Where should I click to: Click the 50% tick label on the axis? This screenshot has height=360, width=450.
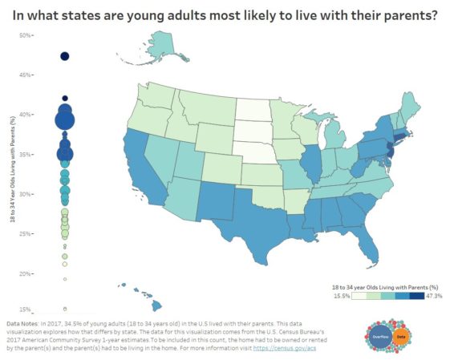tap(25, 35)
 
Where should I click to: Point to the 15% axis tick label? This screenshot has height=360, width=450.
tap(25, 309)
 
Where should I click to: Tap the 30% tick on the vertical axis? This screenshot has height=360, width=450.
tap(25, 194)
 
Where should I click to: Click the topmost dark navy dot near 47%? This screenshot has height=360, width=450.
tap(65, 56)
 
